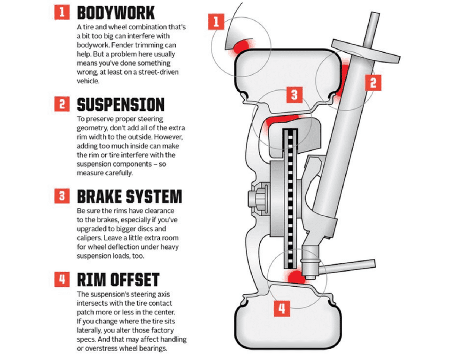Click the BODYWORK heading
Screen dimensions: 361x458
(116, 12)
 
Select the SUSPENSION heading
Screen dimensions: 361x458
(121, 104)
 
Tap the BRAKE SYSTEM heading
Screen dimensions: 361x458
(129, 196)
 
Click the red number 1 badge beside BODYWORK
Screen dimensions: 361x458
(62, 12)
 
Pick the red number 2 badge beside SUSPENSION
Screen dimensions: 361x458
(62, 104)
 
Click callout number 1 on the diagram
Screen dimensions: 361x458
(217, 21)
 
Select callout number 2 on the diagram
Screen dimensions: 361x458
(373, 82)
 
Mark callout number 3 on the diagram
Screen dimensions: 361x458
(294, 95)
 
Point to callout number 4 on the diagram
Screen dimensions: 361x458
(281, 308)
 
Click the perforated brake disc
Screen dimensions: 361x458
(289, 197)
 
